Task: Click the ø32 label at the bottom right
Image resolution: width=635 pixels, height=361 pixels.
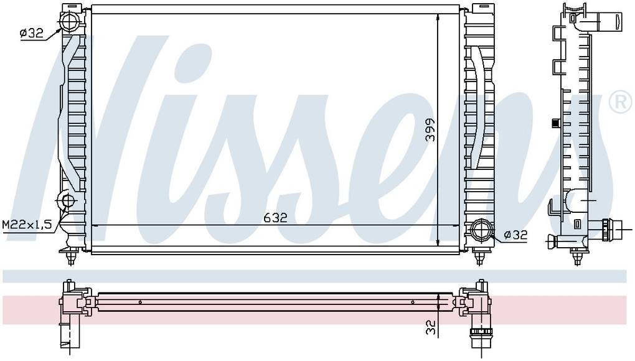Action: tap(515, 235)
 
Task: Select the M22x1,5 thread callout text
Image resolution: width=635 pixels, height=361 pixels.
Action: tap(26, 224)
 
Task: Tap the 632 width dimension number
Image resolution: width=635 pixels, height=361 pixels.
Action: tap(275, 218)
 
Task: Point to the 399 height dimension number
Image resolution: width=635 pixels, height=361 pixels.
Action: tap(430, 129)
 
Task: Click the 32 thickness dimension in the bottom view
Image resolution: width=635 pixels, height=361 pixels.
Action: tap(430, 327)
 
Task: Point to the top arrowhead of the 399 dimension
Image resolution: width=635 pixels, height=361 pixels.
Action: tap(439, 17)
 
